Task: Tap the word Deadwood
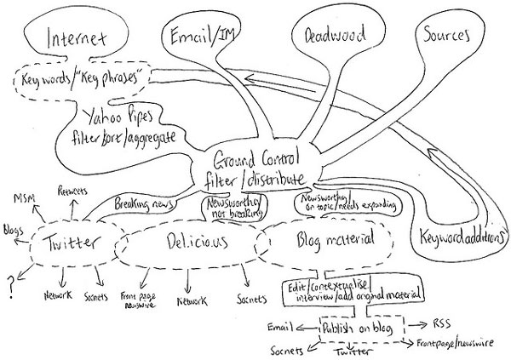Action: click(329, 36)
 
